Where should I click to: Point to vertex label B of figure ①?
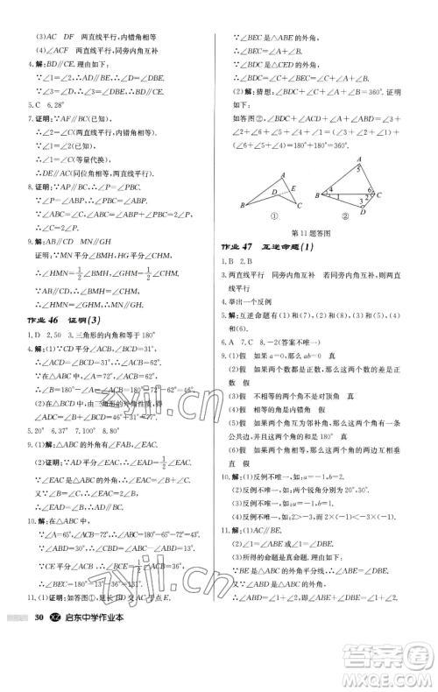[x=243, y=206]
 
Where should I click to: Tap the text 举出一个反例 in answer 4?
[x=260, y=300]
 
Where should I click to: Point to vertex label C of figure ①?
[x=300, y=208]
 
